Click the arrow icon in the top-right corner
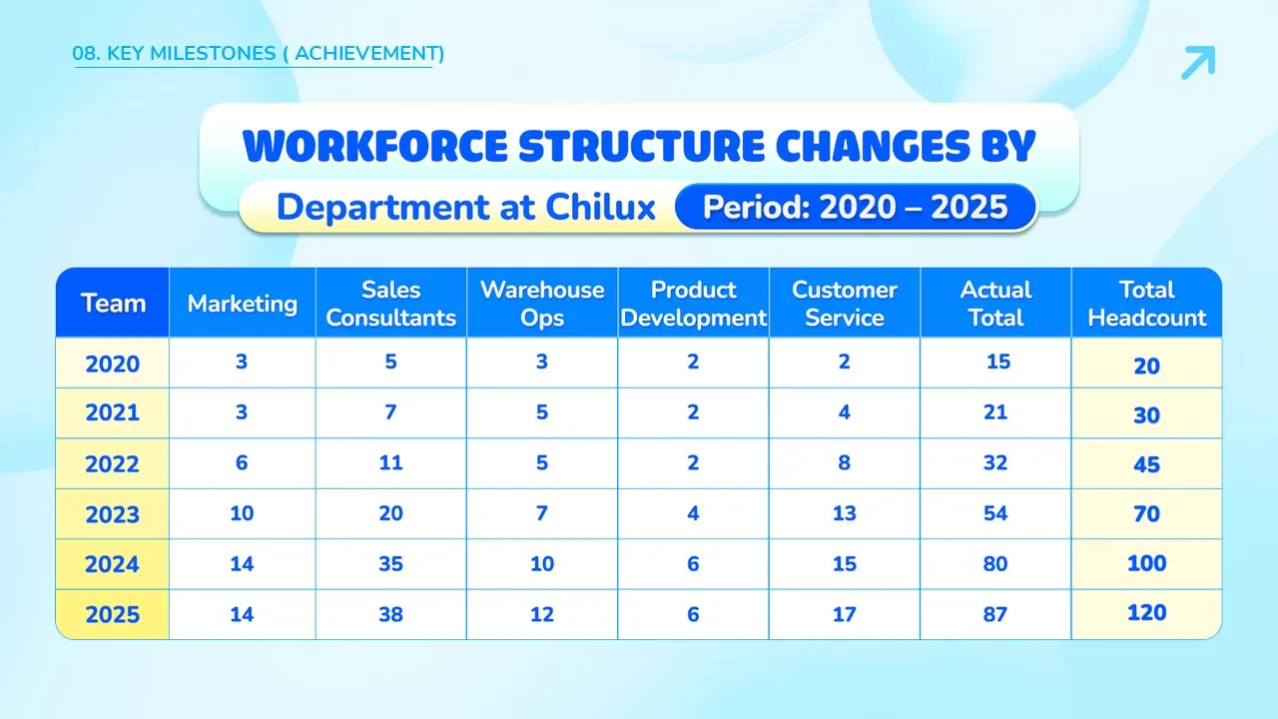[x=1198, y=62]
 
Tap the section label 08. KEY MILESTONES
[x=174, y=54]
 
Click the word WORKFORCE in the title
[x=374, y=146]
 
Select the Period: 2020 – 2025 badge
[x=855, y=207]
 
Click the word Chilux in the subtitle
[x=600, y=207]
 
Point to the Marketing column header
[x=243, y=304]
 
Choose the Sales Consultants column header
[x=390, y=304]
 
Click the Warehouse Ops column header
[x=542, y=304]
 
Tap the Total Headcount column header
[x=1147, y=304]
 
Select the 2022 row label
[x=113, y=464]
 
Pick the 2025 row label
[x=113, y=614]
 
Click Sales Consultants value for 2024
[x=390, y=564]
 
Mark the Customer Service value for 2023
[x=845, y=513]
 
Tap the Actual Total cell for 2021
[x=995, y=412]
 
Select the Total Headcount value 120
[x=1147, y=613]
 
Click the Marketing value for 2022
[x=242, y=462]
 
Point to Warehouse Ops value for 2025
[x=542, y=614]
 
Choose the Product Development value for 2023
[x=693, y=513]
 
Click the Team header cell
[x=113, y=304]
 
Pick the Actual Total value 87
[x=995, y=614]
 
